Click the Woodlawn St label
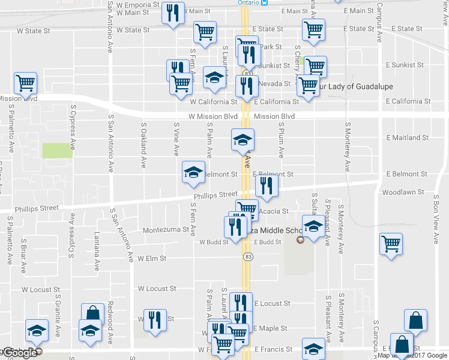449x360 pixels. [403, 192]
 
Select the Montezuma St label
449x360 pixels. [166, 230]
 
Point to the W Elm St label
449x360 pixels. [151, 259]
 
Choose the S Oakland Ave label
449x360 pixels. [144, 145]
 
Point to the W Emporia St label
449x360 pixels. [137, 4]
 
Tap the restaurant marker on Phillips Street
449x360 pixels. [267, 186]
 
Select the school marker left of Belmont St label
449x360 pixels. [194, 172]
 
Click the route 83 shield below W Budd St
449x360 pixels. [247, 256]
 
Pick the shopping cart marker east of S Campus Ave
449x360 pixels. [391, 244]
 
